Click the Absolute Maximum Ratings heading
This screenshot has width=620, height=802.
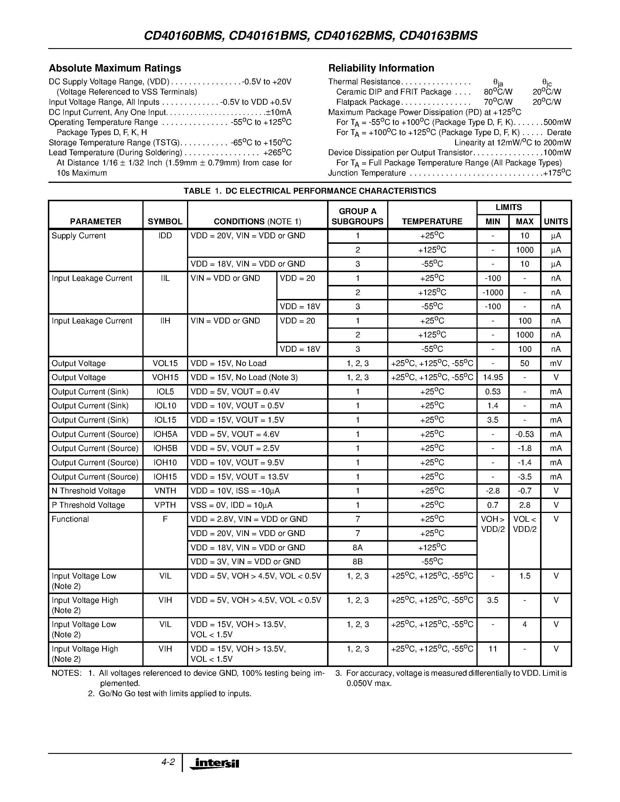(x=115, y=68)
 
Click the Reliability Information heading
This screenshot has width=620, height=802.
(x=381, y=68)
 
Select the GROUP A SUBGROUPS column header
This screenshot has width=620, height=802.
(x=357, y=216)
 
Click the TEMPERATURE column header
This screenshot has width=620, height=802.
(x=432, y=221)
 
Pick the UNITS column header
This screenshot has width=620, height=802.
(x=556, y=221)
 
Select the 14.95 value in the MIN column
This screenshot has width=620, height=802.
(x=492, y=377)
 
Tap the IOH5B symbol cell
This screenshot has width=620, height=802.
(x=165, y=448)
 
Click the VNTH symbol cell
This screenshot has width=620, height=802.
(x=165, y=491)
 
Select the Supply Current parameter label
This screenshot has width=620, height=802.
(x=78, y=236)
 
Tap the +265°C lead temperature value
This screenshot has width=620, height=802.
(x=277, y=153)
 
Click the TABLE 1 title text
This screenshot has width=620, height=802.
(x=310, y=191)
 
